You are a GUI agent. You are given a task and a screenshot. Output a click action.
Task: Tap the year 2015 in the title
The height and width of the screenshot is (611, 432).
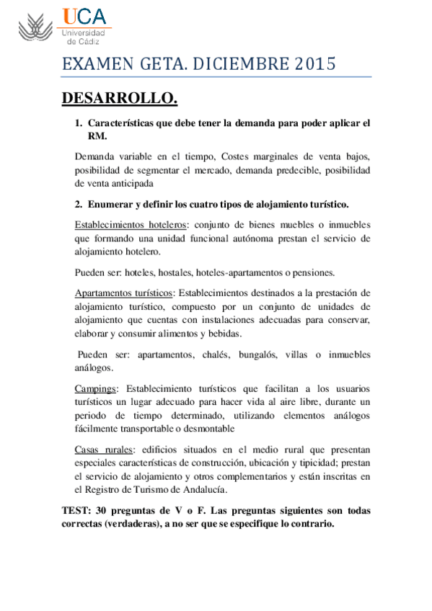(316, 64)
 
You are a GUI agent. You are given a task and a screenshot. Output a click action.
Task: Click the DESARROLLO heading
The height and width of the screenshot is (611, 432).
(119, 97)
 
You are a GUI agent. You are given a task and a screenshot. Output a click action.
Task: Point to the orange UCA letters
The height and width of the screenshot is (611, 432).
(84, 17)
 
